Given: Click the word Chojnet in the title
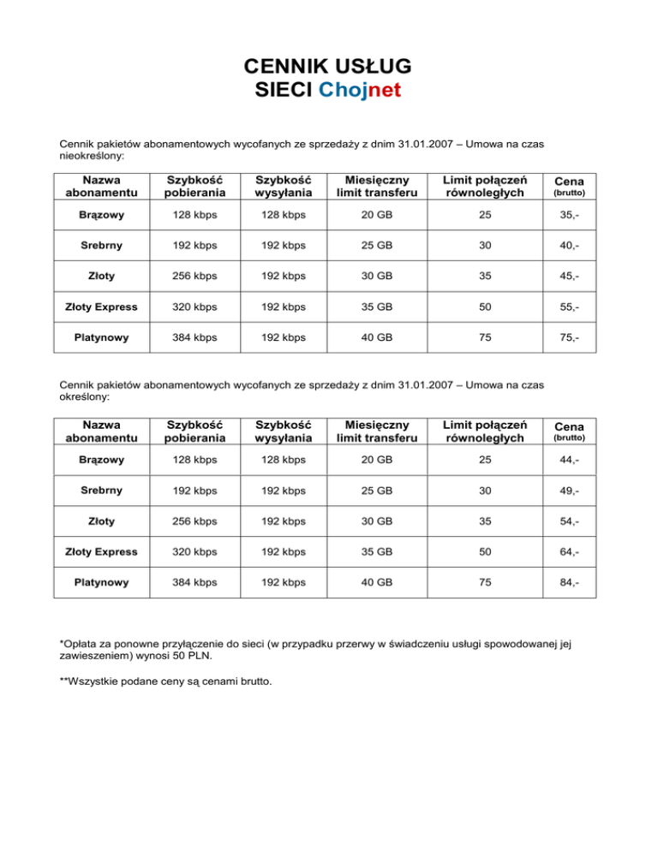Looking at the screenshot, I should click(360, 90).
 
